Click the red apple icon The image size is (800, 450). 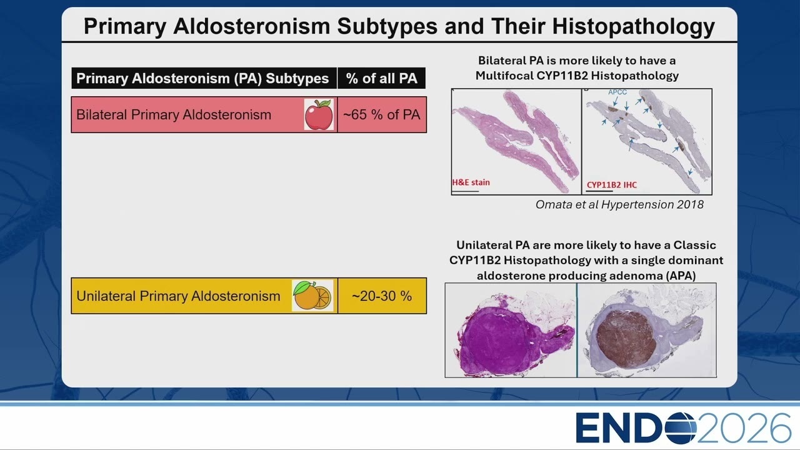click(x=319, y=114)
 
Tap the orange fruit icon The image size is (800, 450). click(x=312, y=296)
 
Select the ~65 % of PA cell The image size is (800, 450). click(x=382, y=114)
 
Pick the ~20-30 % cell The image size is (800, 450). click(x=382, y=296)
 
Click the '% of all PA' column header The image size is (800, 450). click(x=381, y=78)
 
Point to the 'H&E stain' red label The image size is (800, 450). click(x=471, y=182)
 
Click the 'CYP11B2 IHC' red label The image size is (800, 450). click(x=612, y=184)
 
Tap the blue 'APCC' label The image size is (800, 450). click(x=617, y=92)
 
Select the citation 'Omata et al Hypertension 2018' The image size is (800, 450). click(x=619, y=204)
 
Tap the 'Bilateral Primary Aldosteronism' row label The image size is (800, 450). click(x=174, y=114)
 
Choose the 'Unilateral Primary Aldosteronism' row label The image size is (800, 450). click(x=178, y=296)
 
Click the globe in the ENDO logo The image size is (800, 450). click(x=681, y=428)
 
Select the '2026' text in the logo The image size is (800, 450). click(x=744, y=428)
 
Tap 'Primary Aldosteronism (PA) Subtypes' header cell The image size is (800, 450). click(x=202, y=78)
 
